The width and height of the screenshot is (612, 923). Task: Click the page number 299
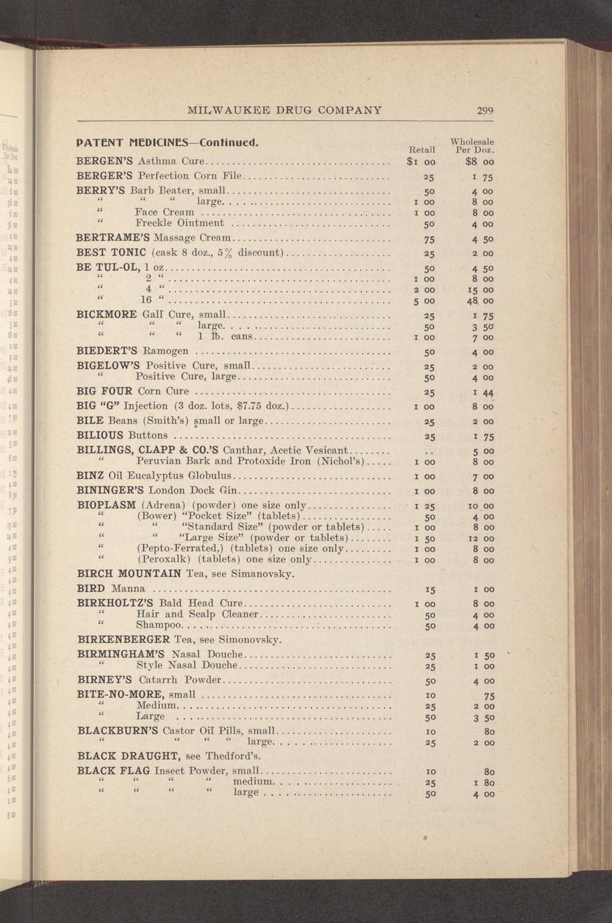(485, 110)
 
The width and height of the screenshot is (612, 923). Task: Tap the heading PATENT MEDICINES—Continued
(167, 143)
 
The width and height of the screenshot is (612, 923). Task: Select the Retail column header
(421, 148)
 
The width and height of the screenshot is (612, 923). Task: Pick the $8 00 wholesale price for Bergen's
(480, 161)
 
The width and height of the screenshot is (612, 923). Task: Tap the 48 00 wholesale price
(480, 300)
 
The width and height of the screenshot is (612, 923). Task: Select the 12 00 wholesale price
(480, 538)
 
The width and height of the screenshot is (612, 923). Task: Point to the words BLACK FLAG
(112, 771)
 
